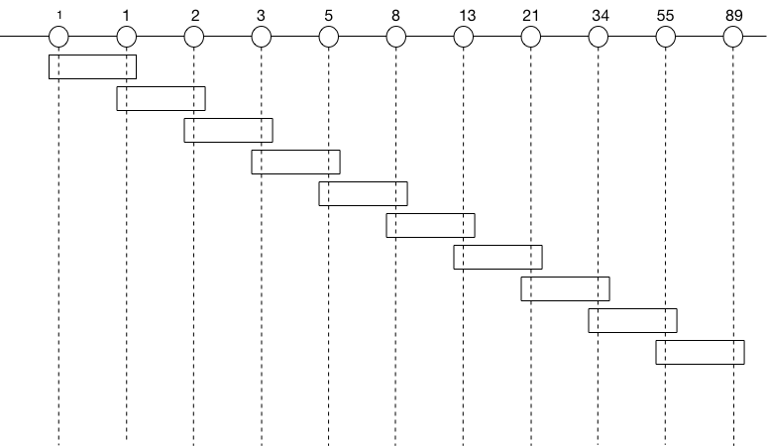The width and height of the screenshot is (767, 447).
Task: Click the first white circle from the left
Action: click(x=58, y=37)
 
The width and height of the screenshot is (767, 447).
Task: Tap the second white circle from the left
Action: click(x=126, y=37)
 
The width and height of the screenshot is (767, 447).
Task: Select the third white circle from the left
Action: click(x=193, y=37)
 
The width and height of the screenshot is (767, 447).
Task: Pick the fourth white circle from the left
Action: click(x=261, y=37)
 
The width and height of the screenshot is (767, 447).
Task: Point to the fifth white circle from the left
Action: click(x=328, y=37)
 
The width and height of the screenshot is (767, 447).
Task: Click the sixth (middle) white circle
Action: click(x=395, y=37)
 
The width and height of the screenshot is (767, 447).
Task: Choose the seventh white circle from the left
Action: click(x=463, y=37)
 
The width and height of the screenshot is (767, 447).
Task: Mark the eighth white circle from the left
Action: click(x=530, y=37)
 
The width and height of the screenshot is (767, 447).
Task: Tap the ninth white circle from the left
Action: click(x=598, y=37)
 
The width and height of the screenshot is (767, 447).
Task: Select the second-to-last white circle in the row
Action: click(x=665, y=37)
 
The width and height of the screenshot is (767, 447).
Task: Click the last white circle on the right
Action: click(x=732, y=37)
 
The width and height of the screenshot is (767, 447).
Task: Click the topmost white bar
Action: click(x=92, y=66)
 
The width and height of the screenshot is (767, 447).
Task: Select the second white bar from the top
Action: click(x=161, y=98)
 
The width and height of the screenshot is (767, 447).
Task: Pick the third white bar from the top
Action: click(x=228, y=130)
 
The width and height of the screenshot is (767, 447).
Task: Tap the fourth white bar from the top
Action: click(x=295, y=162)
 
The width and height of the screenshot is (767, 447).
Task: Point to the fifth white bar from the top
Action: click(x=363, y=193)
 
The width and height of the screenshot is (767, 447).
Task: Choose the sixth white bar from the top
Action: click(x=430, y=225)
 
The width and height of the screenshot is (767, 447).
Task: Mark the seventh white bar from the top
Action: click(x=497, y=257)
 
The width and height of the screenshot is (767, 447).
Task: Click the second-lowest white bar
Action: click(x=632, y=320)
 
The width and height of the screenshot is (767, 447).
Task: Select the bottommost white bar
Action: click(x=700, y=352)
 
